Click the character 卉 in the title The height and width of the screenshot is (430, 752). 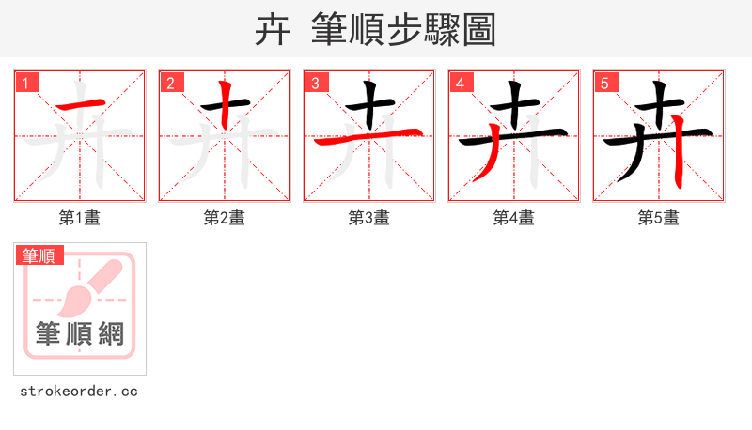273,30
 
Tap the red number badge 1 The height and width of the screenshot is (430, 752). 26,84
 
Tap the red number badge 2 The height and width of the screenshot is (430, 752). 171,84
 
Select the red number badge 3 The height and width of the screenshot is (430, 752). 316,84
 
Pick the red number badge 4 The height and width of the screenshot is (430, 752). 461,84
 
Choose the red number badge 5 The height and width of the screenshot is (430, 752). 605,84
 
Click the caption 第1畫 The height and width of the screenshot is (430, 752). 80,218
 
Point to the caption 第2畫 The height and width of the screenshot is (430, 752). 225,218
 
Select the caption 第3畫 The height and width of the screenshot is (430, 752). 369,218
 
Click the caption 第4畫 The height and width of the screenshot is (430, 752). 514,218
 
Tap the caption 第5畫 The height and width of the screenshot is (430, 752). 659,218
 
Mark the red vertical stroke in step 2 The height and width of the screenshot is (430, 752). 226,105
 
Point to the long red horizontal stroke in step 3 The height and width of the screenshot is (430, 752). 369,138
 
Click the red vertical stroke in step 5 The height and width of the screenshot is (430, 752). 679,160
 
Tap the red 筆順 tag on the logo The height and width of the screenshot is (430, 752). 39,255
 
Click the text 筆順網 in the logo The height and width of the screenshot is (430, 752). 80,333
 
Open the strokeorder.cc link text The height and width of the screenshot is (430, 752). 79,391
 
